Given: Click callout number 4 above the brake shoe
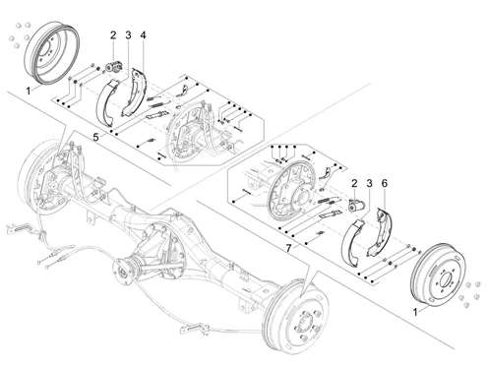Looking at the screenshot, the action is (143, 35).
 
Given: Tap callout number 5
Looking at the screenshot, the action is (95, 137).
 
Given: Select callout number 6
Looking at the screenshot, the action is (385, 184).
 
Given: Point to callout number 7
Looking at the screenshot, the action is (288, 248).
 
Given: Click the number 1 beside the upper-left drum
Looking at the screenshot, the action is (29, 91).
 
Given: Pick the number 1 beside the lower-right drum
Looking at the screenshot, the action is (415, 312).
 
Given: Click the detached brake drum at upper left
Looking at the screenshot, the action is (52, 52).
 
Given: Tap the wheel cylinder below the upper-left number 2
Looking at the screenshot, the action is (113, 67).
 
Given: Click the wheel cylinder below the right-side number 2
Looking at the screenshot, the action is (356, 206).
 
